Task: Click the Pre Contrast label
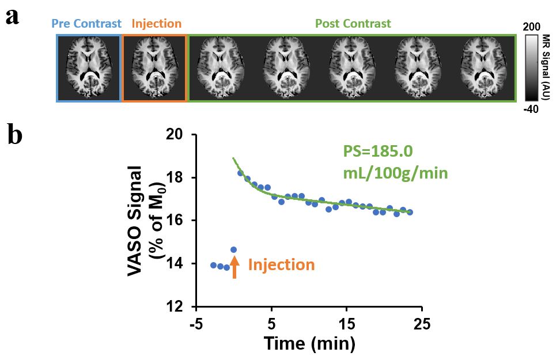[86, 24]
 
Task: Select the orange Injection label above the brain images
[156, 24]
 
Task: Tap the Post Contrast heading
[353, 24]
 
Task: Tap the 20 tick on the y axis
[183, 134]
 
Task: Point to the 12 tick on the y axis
[183, 306]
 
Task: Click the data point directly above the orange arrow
[233, 249]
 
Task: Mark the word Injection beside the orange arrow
[281, 265]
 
